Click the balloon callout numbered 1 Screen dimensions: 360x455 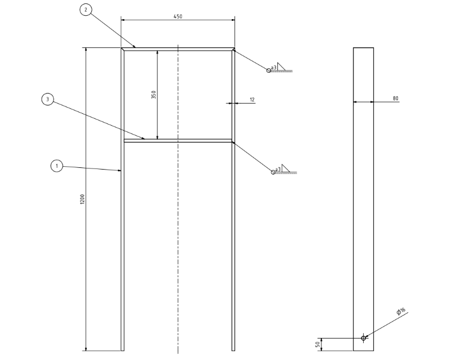[x=56, y=166]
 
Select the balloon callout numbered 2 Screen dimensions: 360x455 [x=85, y=10]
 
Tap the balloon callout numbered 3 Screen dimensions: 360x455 [x=48, y=100]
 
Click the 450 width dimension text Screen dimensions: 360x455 [x=178, y=16]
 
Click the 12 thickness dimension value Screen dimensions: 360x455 [x=251, y=100]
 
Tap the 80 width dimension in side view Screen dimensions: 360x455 [x=396, y=99]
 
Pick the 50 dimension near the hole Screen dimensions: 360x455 [x=317, y=343]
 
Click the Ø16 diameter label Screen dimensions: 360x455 [x=401, y=313]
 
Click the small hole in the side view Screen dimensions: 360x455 [x=364, y=338]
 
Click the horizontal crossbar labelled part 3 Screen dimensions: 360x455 [x=178, y=140]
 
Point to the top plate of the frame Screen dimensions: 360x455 [x=178, y=48]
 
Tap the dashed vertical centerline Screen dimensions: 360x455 [x=178, y=237]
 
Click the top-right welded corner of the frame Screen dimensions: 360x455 [x=232, y=50]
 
